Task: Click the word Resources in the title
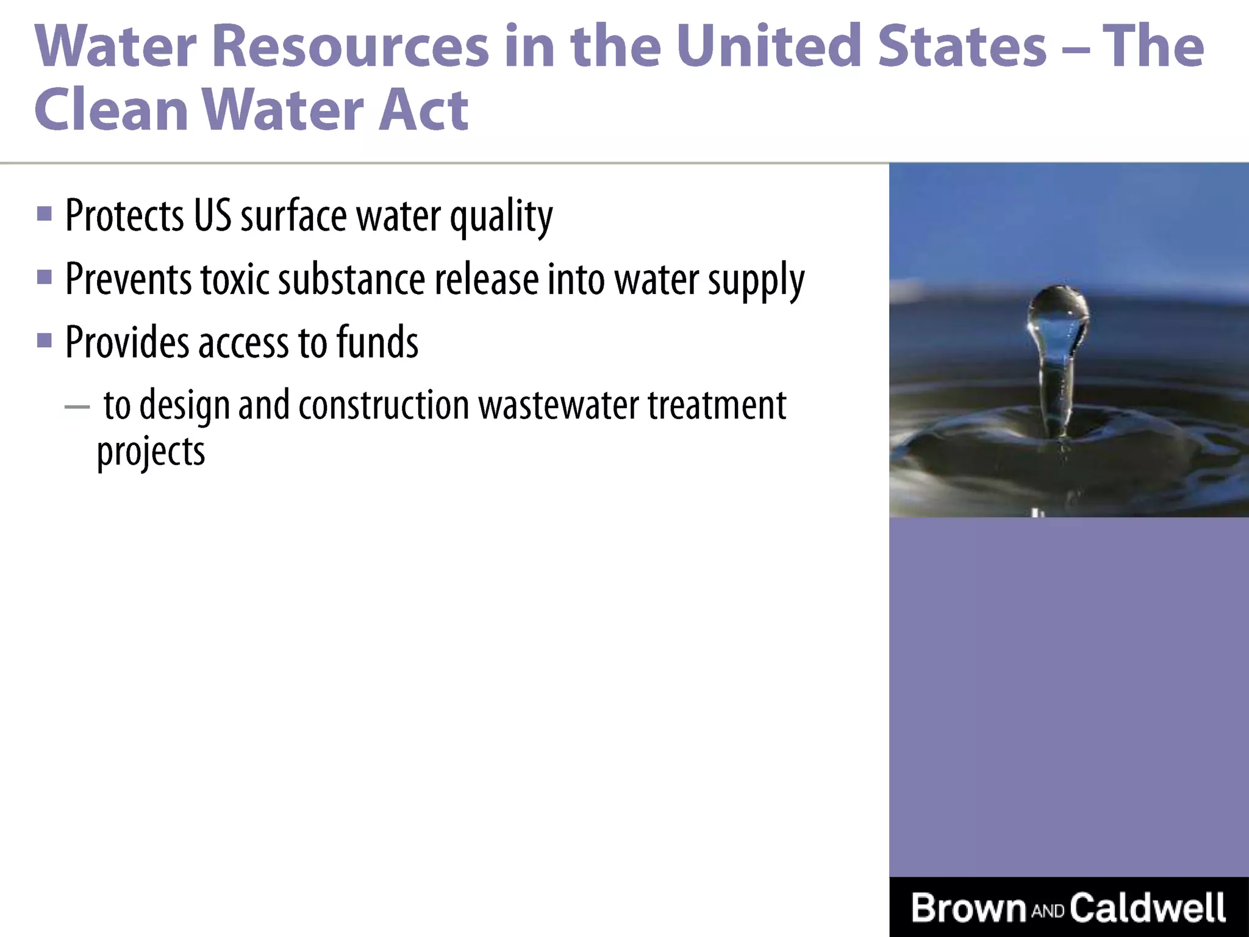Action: pyautogui.click(x=350, y=46)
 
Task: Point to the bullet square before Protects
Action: pyautogui.click(x=44, y=214)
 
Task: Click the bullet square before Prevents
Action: pyautogui.click(x=44, y=278)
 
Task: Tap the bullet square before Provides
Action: pyautogui.click(x=44, y=340)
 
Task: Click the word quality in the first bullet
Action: pyautogui.click(x=501, y=216)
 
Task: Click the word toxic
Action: pyautogui.click(x=235, y=279)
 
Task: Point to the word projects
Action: pyautogui.click(x=151, y=453)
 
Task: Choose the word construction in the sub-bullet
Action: pyautogui.click(x=384, y=405)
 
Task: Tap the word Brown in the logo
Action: pyautogui.click(x=968, y=908)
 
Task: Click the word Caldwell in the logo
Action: pyautogui.click(x=1147, y=908)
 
